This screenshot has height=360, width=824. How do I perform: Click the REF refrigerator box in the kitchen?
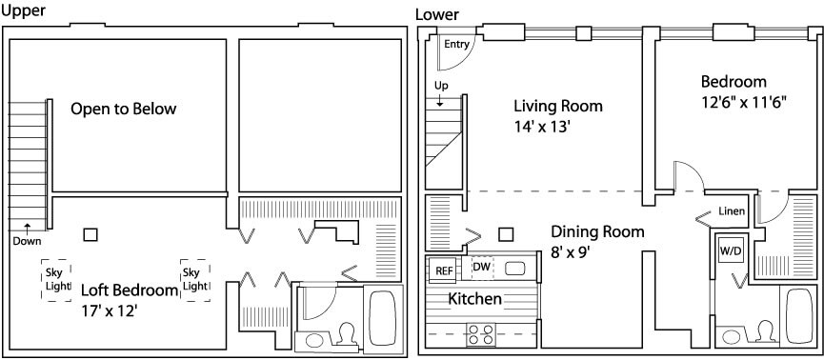click(x=442, y=270)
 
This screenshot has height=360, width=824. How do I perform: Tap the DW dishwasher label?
click(x=482, y=267)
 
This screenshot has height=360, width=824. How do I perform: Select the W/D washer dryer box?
click(x=731, y=250)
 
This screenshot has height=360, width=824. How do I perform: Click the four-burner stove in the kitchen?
click(x=481, y=335)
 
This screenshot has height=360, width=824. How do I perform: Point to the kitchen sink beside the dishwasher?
click(x=515, y=269)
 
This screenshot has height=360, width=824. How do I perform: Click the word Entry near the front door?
click(x=456, y=44)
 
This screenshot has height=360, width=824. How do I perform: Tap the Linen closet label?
click(x=732, y=211)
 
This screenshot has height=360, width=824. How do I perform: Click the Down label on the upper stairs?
click(x=27, y=241)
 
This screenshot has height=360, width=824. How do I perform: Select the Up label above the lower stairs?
click(x=441, y=86)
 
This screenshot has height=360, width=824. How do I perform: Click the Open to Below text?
click(x=124, y=110)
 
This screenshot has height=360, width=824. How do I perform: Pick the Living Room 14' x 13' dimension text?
click(x=543, y=128)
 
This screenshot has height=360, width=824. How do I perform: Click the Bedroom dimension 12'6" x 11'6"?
click(x=744, y=102)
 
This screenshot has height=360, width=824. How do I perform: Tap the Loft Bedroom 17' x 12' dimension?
click(x=110, y=311)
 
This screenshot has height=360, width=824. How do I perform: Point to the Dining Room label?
click(x=597, y=231)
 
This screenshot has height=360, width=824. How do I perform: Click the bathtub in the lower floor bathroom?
click(x=799, y=316)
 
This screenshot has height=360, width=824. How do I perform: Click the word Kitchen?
click(x=474, y=299)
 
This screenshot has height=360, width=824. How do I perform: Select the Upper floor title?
click(x=23, y=11)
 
